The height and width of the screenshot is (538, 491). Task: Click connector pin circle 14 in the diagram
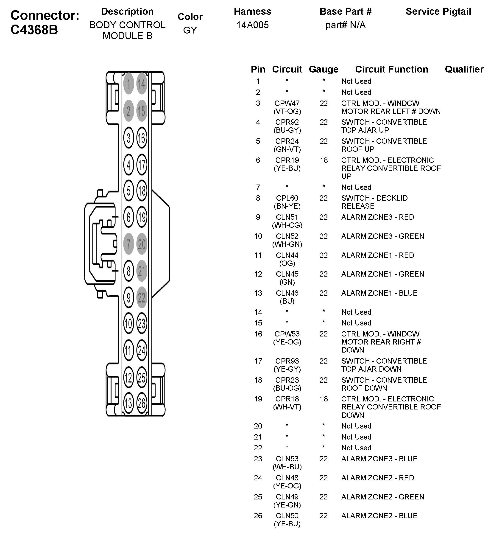(x=141, y=84)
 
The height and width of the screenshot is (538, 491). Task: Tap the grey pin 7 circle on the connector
(x=128, y=244)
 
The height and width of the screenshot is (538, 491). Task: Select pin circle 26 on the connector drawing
(x=142, y=403)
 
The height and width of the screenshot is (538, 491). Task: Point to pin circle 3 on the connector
(x=128, y=138)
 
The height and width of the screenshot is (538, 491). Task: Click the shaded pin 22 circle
(x=142, y=297)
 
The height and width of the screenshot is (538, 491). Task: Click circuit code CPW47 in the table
(x=287, y=103)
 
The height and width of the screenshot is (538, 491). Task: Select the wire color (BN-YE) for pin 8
(x=287, y=206)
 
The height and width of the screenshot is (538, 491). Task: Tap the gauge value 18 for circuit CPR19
(x=324, y=160)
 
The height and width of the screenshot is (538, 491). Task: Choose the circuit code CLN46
(x=287, y=293)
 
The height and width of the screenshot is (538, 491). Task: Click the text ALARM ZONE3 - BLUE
(x=379, y=459)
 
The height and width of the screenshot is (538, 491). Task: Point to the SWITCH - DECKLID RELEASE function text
(x=374, y=202)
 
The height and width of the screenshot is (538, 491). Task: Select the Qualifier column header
(x=464, y=69)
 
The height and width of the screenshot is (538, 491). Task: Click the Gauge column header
(x=324, y=69)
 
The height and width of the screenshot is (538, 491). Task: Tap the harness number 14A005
(x=252, y=25)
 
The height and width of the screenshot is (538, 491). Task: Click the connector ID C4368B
(x=34, y=30)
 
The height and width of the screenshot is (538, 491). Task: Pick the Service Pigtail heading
(x=438, y=11)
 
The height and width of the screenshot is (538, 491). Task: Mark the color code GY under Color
(x=190, y=30)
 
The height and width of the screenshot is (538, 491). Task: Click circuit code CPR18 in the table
(x=287, y=399)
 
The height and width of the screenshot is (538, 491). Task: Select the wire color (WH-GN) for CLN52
(x=287, y=244)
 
